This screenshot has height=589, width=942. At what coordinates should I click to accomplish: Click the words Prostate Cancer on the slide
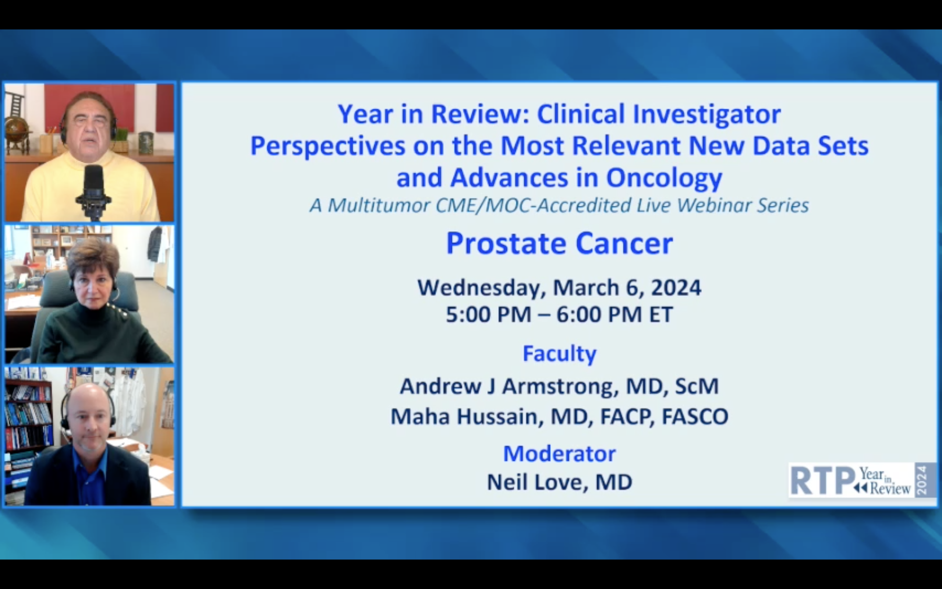point(559,243)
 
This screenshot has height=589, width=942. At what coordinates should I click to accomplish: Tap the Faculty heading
point(559,354)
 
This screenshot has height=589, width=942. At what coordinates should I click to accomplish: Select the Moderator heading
point(559,454)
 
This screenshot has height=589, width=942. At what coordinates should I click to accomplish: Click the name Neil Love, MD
point(559,482)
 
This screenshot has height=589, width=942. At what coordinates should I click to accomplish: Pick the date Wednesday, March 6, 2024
point(559,288)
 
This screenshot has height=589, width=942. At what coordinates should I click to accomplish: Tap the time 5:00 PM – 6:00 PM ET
point(559,315)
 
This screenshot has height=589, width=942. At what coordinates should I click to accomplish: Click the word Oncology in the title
point(664,178)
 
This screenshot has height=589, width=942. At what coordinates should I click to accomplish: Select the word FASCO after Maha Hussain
point(695,416)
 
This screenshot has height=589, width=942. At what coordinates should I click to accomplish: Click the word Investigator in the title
point(707,114)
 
